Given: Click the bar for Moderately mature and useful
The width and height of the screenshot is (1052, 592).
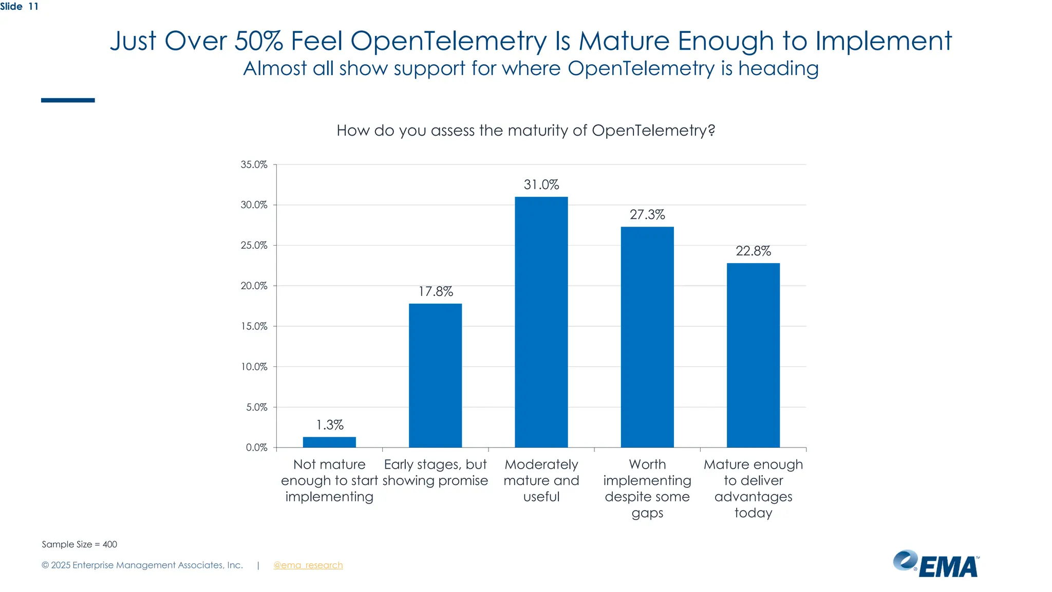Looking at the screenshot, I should (541, 322).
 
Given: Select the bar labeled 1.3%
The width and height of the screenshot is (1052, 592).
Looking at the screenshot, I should (329, 442).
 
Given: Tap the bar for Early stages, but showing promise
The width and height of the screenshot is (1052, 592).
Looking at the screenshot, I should (435, 375).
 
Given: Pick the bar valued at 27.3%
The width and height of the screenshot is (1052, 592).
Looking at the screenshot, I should (647, 337).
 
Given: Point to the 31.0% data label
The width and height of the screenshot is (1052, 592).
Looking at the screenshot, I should (541, 184).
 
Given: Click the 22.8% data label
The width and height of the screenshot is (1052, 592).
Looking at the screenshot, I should (753, 251).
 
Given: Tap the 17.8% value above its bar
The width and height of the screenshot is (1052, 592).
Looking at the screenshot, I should (435, 291).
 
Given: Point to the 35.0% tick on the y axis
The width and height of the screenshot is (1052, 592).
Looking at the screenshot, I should (254, 164).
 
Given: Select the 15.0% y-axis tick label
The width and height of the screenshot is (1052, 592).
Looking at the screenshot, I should (254, 326).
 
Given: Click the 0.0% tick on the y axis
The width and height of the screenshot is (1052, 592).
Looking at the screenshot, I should (256, 448).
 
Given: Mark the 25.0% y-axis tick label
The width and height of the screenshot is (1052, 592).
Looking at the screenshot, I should (254, 245).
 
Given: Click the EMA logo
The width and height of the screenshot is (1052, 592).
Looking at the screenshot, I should (936, 564).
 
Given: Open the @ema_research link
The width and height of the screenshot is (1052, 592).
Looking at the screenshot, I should (308, 565).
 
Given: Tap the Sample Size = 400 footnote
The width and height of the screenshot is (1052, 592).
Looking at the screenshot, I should (79, 544).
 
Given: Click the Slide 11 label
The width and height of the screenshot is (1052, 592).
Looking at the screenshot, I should (19, 7).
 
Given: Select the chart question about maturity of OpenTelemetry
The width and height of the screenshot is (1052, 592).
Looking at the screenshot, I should (525, 131).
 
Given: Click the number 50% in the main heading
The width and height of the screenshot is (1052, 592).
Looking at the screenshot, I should (258, 41).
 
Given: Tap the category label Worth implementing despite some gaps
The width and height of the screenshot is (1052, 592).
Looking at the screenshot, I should (647, 488).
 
